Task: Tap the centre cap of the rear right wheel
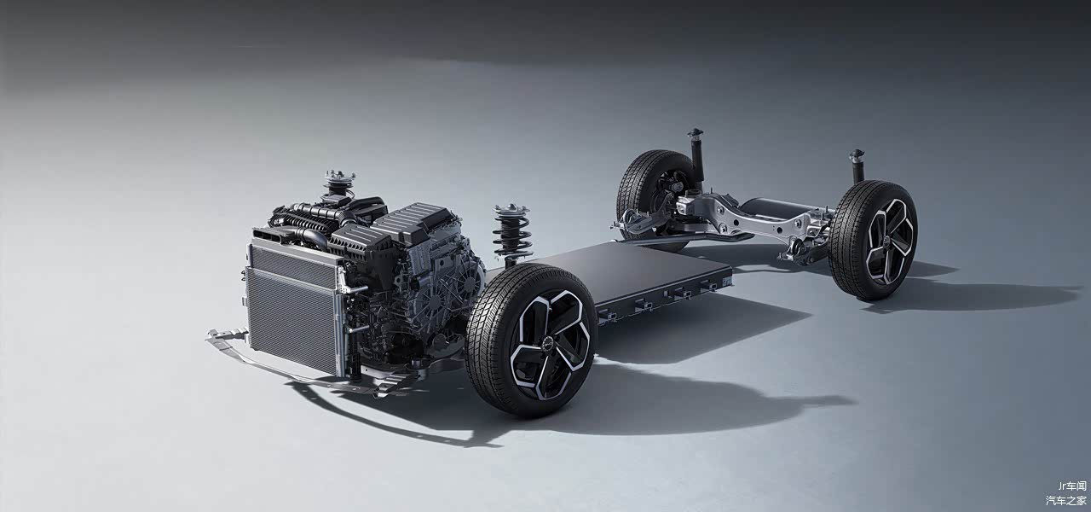(x=888, y=241)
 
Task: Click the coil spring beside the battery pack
(x=512, y=233)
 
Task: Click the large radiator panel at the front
(x=292, y=319)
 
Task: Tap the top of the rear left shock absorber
(x=695, y=134)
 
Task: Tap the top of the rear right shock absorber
(x=857, y=155)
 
